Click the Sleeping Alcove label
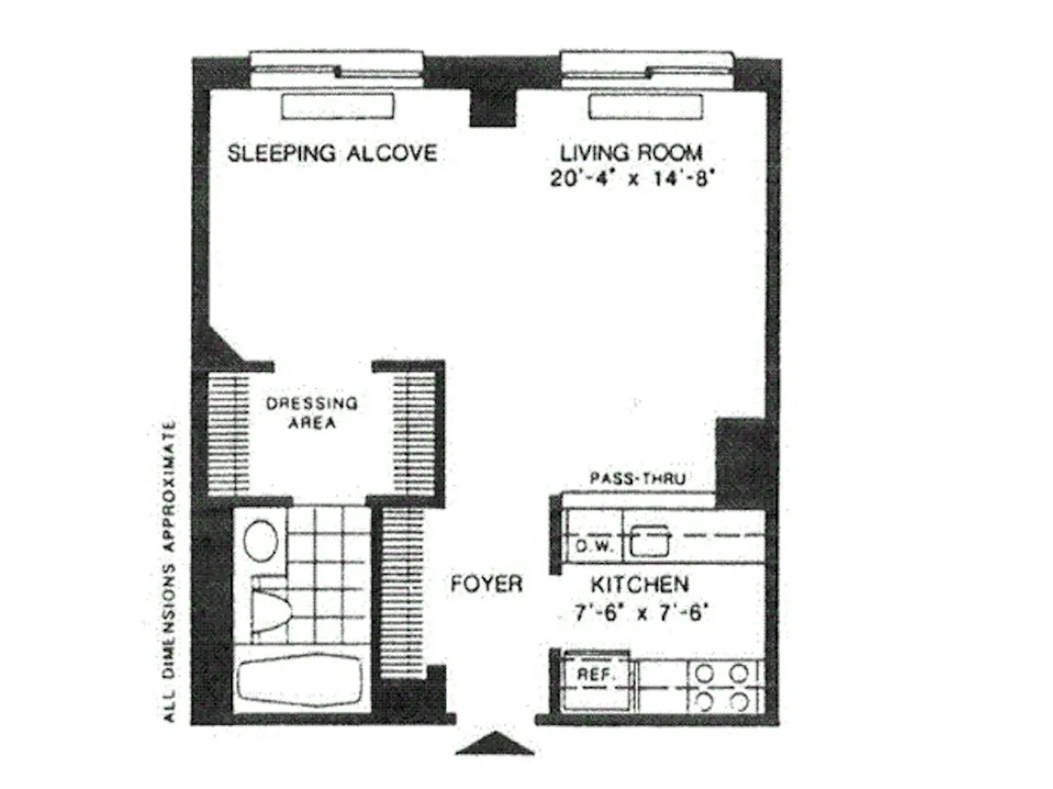(332, 153)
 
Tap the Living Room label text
(630, 153)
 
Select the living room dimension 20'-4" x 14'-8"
(630, 178)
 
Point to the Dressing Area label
(312, 413)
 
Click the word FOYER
(486, 584)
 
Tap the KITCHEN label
(639, 584)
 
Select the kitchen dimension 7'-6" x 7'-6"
(640, 613)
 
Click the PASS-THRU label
(637, 478)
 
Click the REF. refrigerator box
(596, 675)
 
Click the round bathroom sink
(261, 541)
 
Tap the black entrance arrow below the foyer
(494, 743)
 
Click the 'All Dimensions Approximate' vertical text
(169, 571)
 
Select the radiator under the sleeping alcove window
(338, 106)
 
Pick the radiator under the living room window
(646, 106)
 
